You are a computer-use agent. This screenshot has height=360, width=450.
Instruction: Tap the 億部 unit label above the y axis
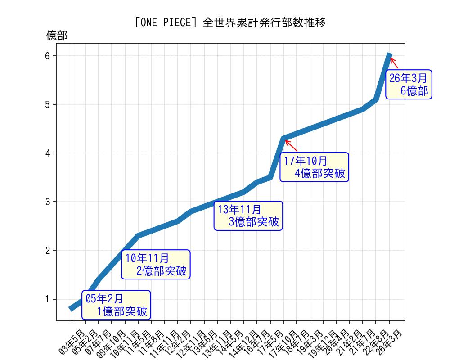tap(57, 36)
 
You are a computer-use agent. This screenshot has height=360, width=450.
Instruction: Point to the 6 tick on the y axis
tap(48, 56)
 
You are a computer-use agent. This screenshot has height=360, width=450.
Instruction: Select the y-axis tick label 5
tap(48, 104)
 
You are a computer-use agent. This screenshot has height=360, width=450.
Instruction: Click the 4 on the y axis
tap(48, 153)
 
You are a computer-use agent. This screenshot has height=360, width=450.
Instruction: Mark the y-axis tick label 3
tap(48, 202)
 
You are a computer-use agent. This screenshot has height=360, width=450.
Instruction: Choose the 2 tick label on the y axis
tap(48, 250)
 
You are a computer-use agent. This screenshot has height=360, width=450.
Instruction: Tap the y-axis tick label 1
tap(48, 299)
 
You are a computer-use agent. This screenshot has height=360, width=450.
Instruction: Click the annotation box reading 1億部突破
tap(116, 305)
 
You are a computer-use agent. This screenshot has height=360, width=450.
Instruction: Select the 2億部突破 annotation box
tap(156, 265)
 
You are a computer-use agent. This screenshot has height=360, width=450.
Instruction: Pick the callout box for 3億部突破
tap(248, 216)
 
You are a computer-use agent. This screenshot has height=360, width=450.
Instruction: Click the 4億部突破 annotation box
tap(314, 167)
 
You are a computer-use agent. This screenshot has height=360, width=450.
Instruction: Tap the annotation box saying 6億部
tap(409, 84)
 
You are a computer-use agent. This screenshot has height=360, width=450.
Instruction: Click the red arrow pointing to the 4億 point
tap(291, 145)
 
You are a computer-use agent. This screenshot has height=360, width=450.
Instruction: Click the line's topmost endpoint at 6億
tap(390, 55)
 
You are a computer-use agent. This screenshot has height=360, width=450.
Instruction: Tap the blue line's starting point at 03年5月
tap(72, 308)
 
